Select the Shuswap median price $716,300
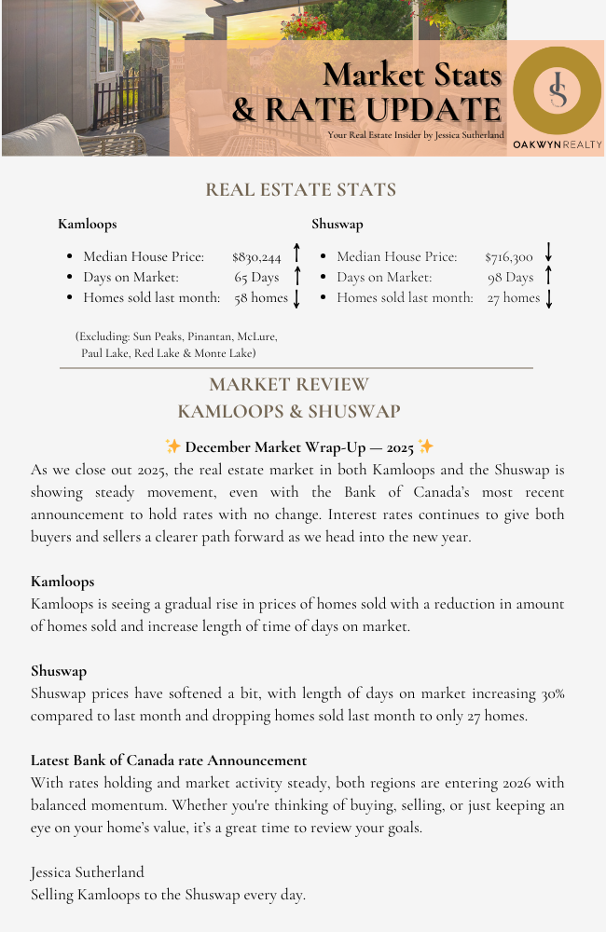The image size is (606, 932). pos(509,256)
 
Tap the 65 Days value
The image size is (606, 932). pos(256,278)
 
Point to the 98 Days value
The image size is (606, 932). pos(510,278)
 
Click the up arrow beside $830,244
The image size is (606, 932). pos(296,253)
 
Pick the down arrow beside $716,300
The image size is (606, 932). pos(549,253)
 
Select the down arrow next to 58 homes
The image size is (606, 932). pos(296,299)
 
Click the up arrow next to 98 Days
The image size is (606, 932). pos(549,276)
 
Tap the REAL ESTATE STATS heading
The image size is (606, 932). pos(300,190)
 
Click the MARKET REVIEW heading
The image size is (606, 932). pos(289,385)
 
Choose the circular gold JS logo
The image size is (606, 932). pos(558,91)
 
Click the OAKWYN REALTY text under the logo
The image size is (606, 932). pos(558,145)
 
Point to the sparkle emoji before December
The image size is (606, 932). pos(172,446)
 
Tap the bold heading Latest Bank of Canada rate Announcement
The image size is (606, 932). pos(169,761)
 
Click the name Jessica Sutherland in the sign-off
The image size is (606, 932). pos(88,872)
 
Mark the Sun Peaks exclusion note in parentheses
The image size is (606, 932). pos(176,344)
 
